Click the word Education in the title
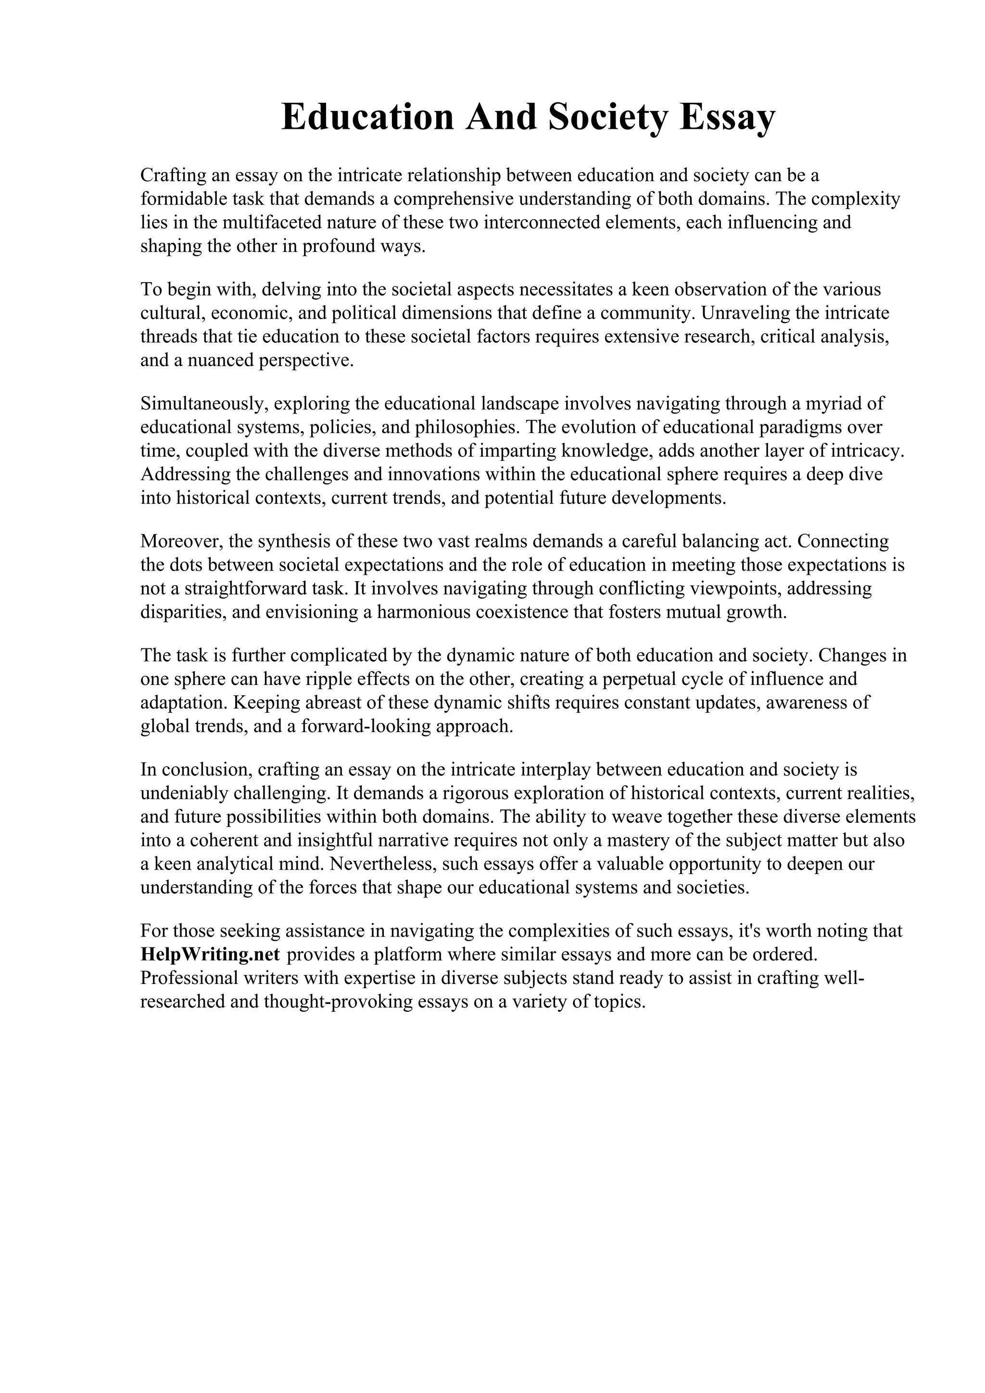click(367, 117)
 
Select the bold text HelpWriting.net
click(210, 954)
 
